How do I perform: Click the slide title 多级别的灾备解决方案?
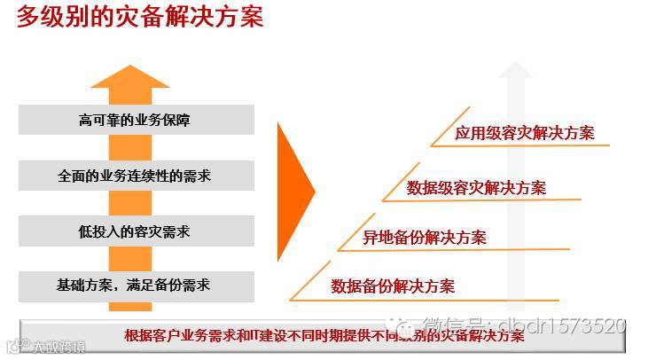140,17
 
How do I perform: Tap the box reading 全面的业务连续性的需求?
134,176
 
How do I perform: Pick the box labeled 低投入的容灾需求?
134,231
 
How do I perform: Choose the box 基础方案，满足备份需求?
134,286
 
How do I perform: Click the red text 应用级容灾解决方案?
525,134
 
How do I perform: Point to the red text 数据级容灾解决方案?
476,187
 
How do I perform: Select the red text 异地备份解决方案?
425,237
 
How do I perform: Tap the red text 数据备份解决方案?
393,286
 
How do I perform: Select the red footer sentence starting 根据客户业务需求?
324,335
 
